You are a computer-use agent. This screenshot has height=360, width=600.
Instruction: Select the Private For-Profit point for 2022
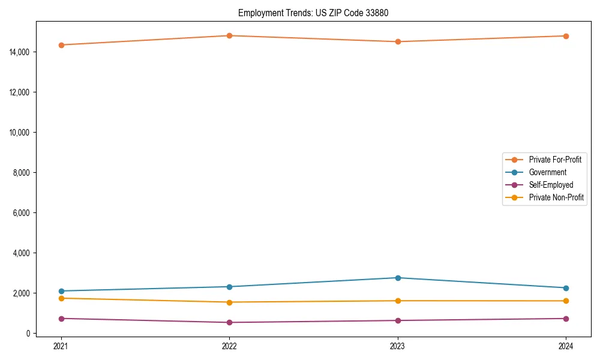(229, 35)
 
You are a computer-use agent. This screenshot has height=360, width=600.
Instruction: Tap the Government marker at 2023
(397, 278)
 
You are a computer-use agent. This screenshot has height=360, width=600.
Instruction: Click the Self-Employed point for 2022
(229, 322)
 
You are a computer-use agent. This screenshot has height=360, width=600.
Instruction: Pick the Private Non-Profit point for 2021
(61, 298)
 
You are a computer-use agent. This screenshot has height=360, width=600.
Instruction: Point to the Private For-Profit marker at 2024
(566, 36)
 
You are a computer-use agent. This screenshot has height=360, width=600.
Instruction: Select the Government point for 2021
(61, 291)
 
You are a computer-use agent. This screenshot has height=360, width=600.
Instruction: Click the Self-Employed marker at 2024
(566, 319)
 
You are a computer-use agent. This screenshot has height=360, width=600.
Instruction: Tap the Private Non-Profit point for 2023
(397, 301)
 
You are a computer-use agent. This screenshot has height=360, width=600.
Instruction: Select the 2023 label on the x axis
(397, 346)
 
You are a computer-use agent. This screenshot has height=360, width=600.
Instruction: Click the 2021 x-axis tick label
(61, 346)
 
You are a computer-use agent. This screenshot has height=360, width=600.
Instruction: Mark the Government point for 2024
(566, 288)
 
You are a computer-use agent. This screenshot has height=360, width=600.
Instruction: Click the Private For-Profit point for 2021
(61, 45)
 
